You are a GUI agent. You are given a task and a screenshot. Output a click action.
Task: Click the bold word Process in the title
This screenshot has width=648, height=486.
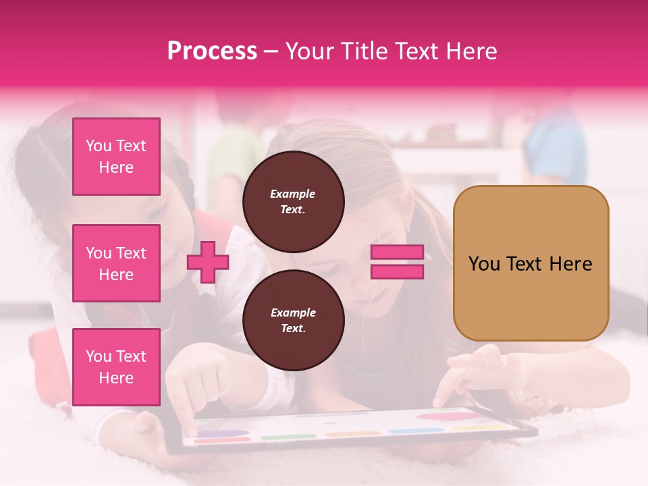(212, 51)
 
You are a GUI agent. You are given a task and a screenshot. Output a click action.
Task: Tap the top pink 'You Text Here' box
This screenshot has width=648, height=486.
(116, 157)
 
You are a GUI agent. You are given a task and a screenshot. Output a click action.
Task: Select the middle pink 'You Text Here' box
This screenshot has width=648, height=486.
(116, 263)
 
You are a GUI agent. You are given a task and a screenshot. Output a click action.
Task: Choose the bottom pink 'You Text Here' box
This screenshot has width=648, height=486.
(116, 367)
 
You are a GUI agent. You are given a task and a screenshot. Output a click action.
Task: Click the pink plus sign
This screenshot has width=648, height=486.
(208, 263)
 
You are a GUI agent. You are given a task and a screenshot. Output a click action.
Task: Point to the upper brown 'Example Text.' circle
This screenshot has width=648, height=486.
(293, 201)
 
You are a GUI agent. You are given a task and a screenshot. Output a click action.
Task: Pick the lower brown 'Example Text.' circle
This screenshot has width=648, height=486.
(293, 320)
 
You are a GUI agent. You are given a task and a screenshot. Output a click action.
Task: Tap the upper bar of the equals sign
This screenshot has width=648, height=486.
(398, 252)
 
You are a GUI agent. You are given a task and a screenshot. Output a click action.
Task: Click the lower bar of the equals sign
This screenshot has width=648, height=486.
(398, 271)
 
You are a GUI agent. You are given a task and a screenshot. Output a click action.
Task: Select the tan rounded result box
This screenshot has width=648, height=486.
(531, 263)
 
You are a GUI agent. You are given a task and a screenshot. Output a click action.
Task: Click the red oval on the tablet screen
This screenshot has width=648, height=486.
(441, 416)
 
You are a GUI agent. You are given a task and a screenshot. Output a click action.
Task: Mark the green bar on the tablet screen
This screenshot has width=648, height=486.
(279, 437)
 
